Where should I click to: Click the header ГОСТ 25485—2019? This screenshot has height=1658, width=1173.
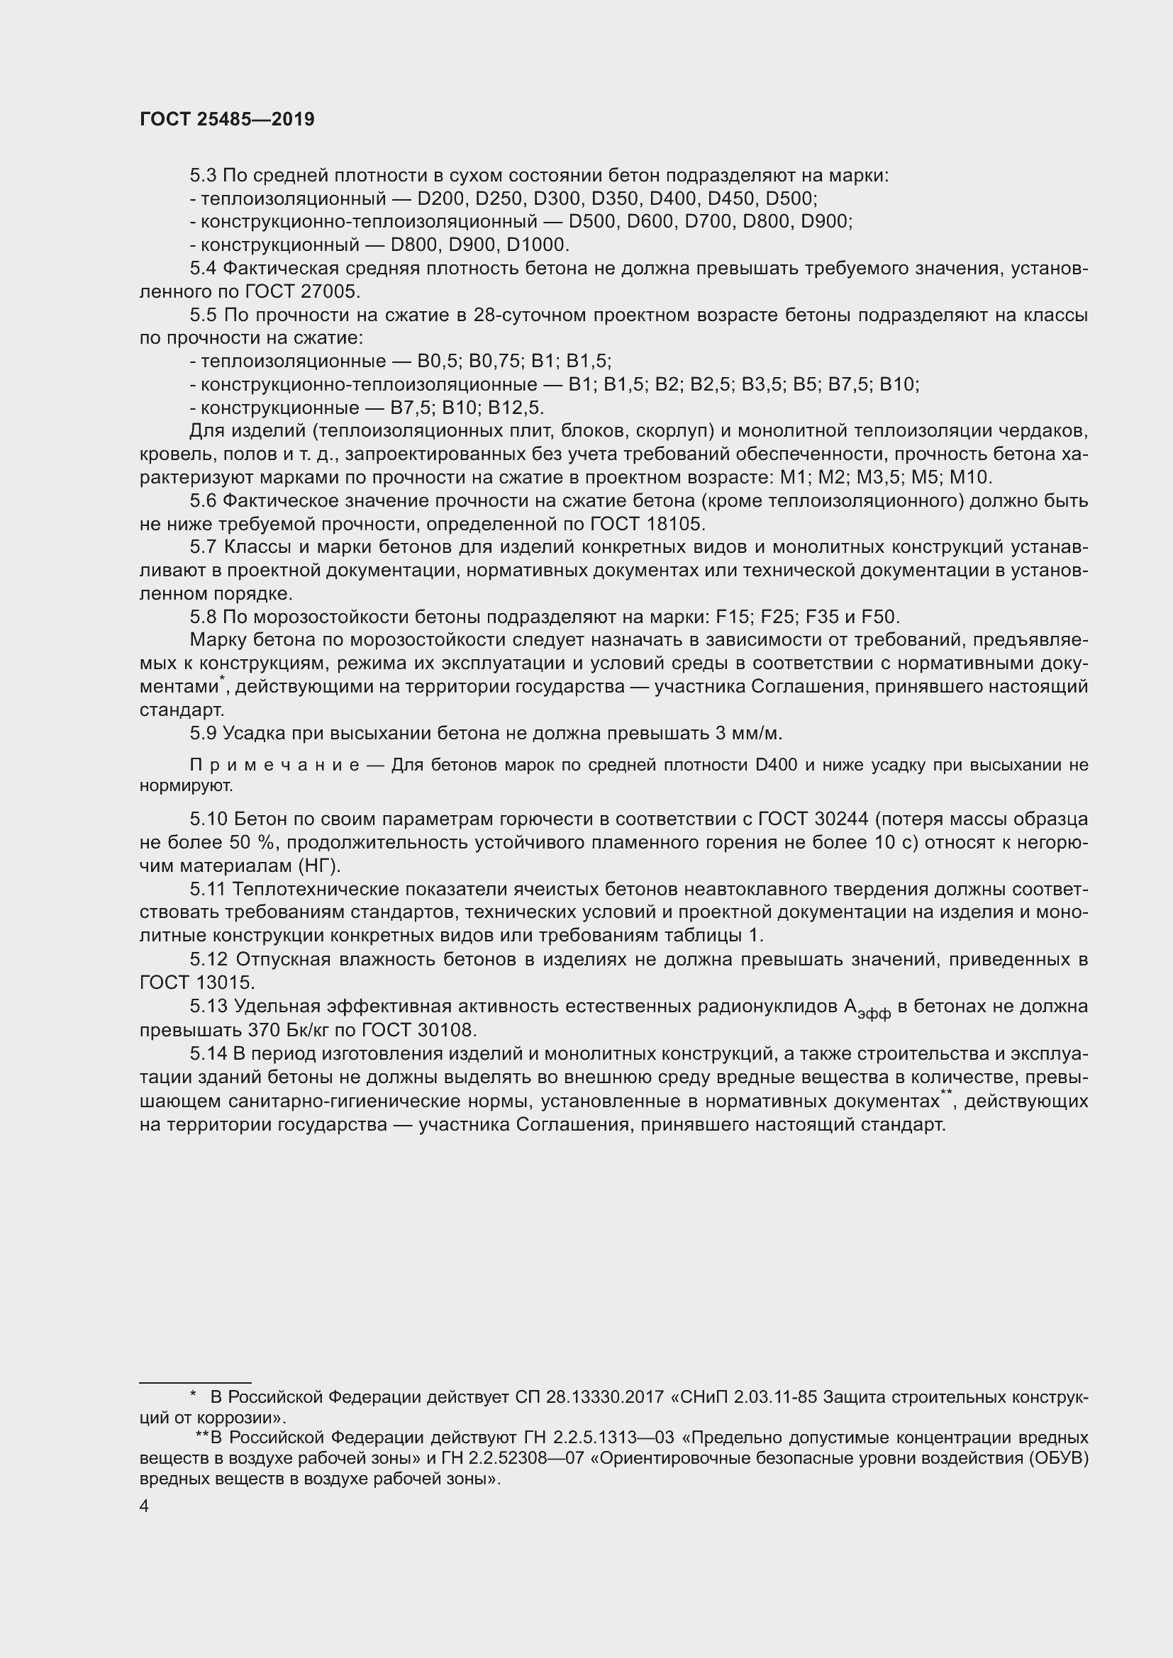pos(227,120)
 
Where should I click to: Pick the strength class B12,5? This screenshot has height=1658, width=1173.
pos(514,408)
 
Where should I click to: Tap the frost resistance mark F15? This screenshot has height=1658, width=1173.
pos(732,617)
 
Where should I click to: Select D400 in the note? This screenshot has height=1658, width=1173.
pos(776,766)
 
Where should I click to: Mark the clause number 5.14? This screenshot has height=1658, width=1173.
pos(208,1055)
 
